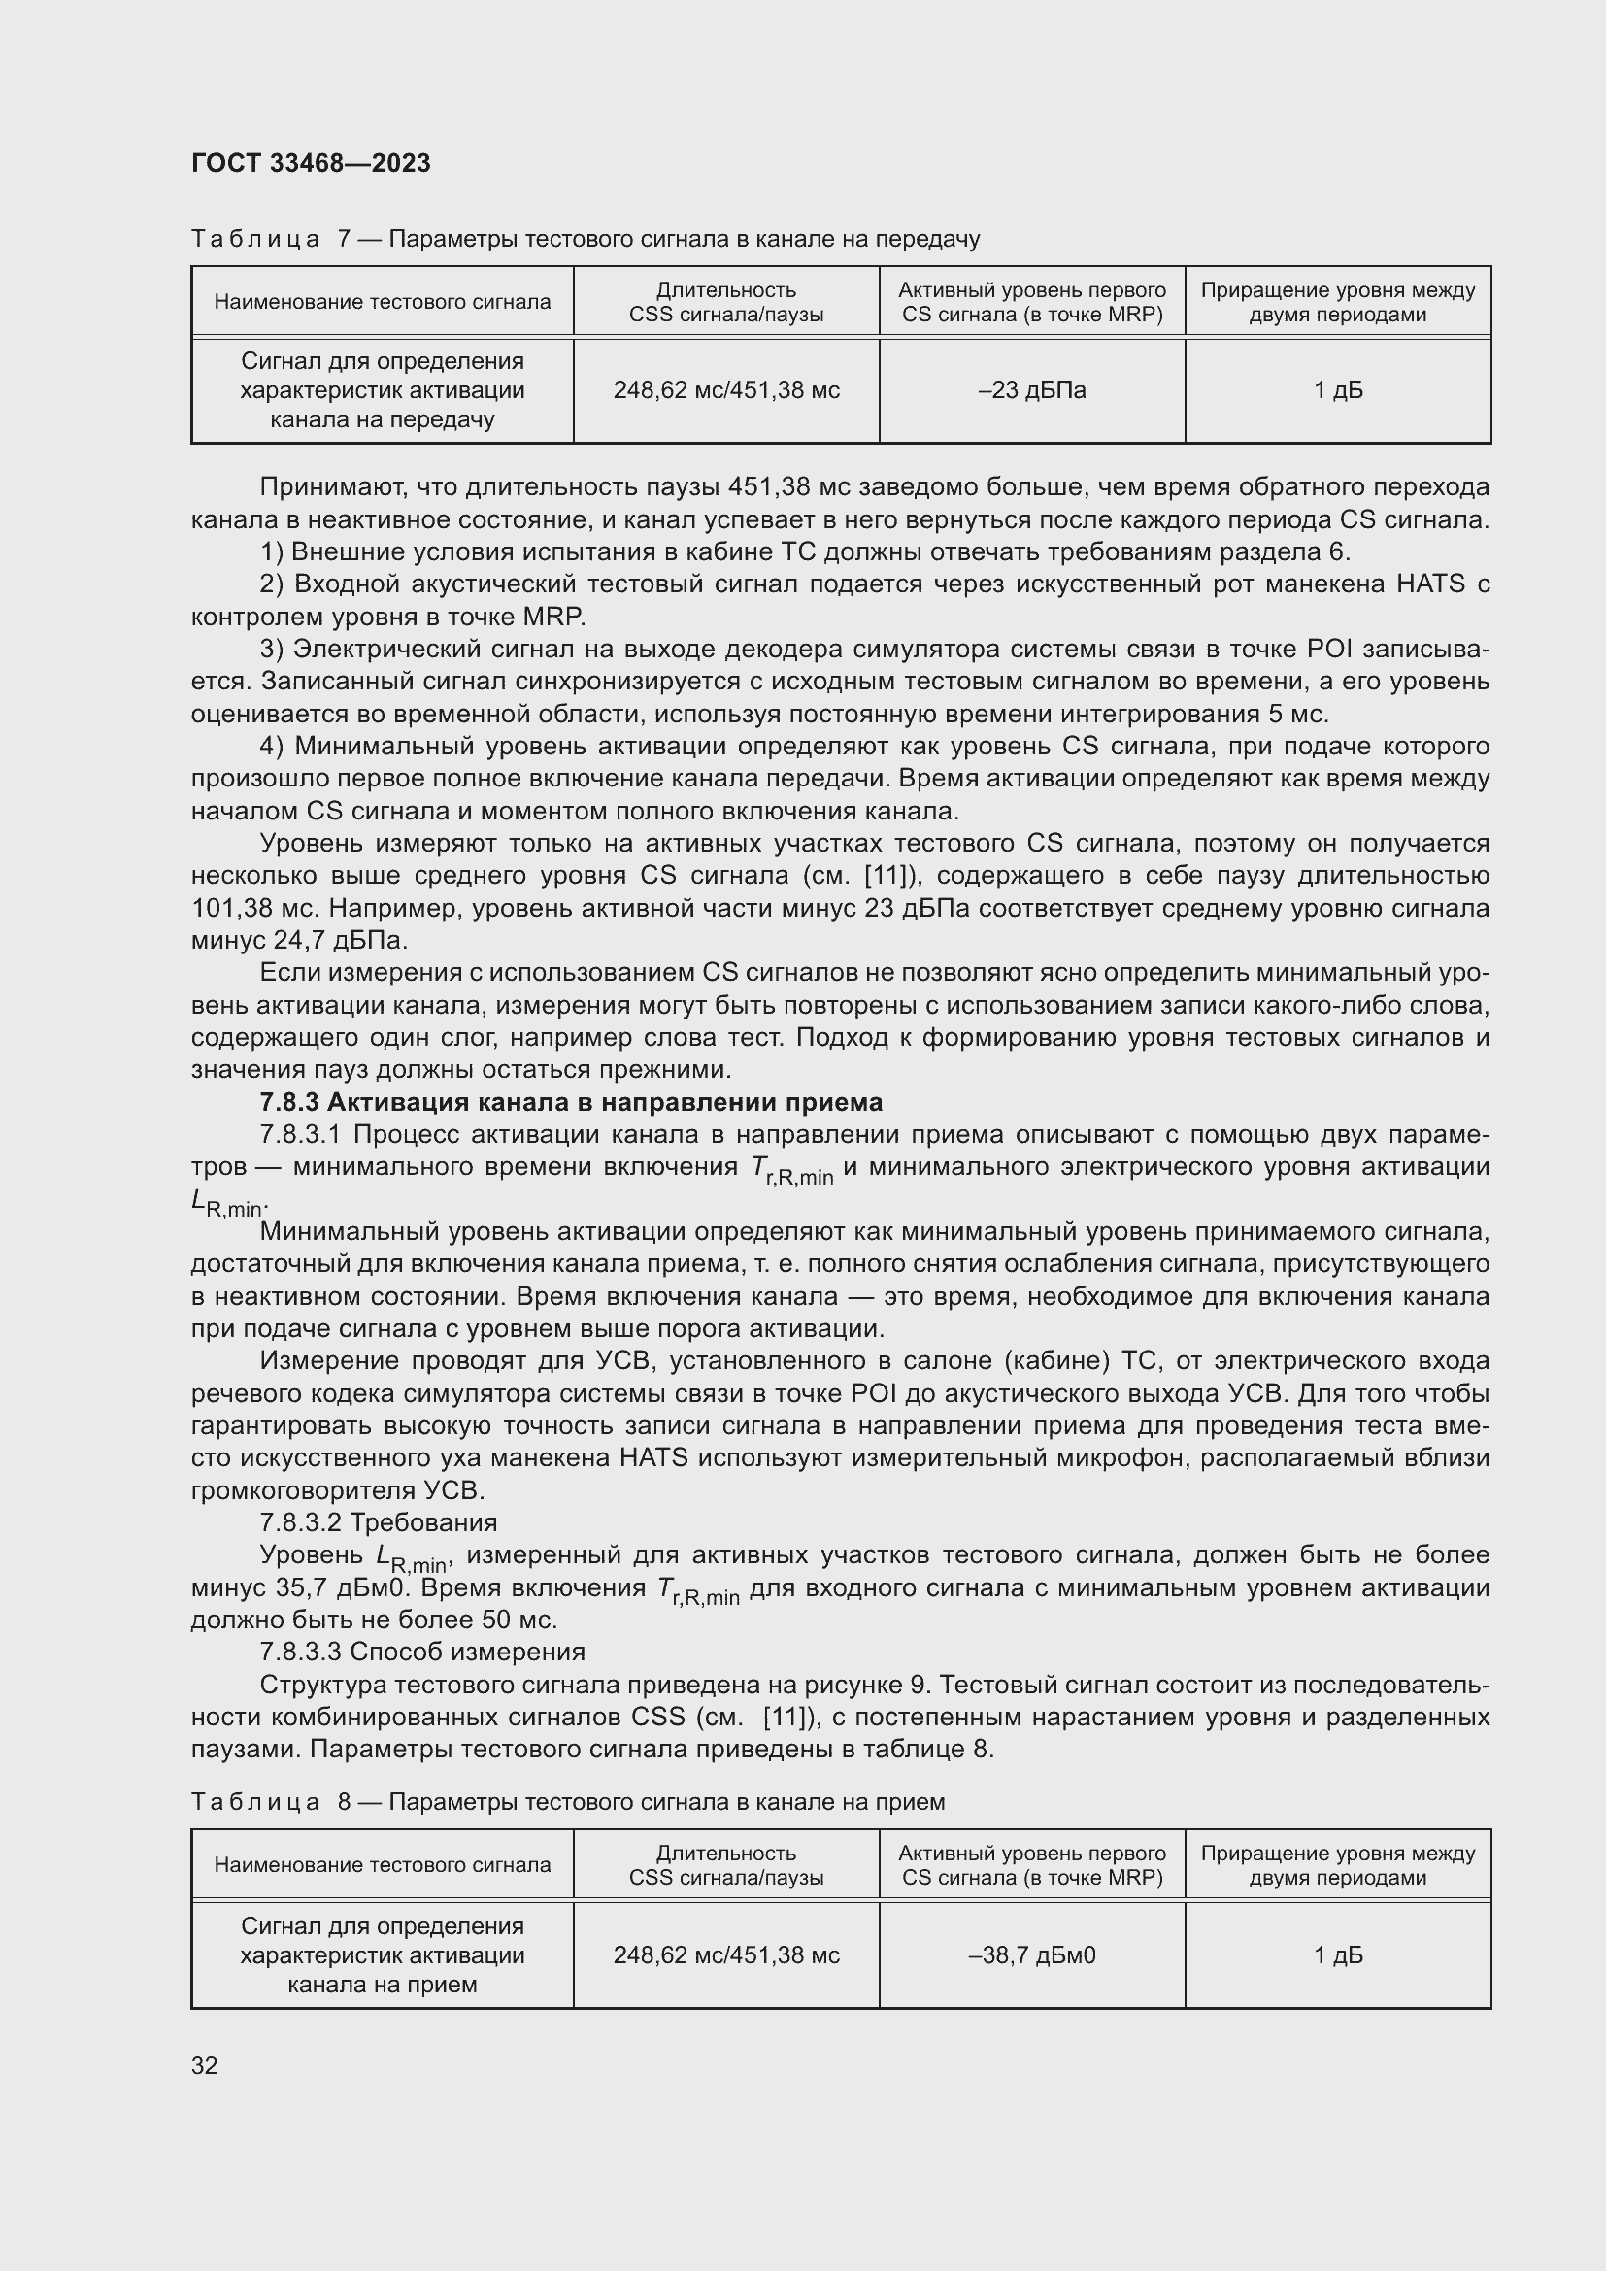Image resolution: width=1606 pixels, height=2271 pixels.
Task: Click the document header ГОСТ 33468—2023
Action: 311,163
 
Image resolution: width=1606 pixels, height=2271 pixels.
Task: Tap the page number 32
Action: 205,2066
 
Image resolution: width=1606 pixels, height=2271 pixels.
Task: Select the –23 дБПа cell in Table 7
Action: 1031,390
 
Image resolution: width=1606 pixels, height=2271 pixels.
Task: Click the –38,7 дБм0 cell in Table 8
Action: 1031,1955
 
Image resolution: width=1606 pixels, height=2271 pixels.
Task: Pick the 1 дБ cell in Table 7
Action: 1337,390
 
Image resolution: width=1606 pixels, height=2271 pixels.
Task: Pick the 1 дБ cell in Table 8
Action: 1337,1955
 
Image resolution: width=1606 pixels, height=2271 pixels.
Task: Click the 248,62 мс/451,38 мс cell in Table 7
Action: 726,390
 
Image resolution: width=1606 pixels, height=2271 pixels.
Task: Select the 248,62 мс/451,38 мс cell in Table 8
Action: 726,1955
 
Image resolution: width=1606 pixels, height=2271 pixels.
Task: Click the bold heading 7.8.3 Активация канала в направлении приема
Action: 571,1102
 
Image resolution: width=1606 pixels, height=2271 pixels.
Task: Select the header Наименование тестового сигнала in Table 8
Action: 382,1865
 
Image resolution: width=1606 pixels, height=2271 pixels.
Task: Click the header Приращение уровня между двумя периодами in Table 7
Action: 1337,303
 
